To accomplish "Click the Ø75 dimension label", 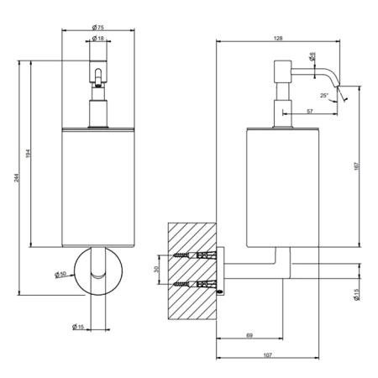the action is (x=98, y=27).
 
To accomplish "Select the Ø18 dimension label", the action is (x=98, y=38).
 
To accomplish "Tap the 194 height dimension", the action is (x=28, y=154).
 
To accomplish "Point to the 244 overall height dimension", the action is (x=17, y=178).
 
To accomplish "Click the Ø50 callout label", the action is (x=60, y=274).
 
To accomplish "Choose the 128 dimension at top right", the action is (x=278, y=39).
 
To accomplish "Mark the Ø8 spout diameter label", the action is (x=312, y=56).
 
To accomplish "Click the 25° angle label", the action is (x=324, y=96).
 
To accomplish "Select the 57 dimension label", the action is (x=309, y=111).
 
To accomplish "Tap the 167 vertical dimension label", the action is (x=356, y=165).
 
